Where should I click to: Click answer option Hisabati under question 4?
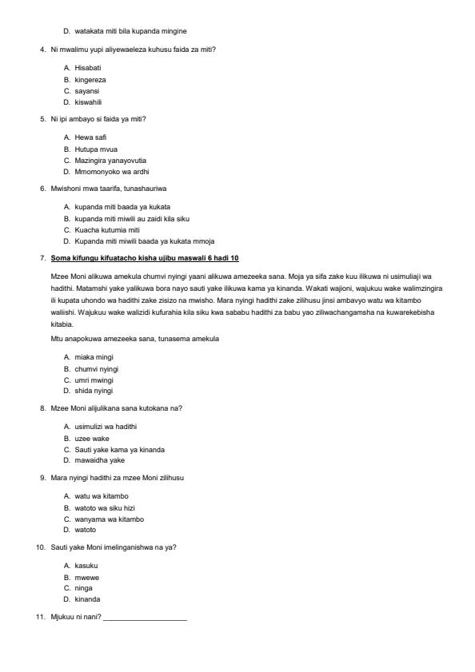[88, 69]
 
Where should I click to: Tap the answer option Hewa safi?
[90, 137]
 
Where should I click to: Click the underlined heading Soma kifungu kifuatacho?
[145, 258]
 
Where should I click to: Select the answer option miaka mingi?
[94, 356]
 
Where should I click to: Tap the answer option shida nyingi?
[94, 391]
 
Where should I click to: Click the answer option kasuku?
[86, 565]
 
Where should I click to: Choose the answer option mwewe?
[86, 576]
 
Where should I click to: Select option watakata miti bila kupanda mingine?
[130, 30]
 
